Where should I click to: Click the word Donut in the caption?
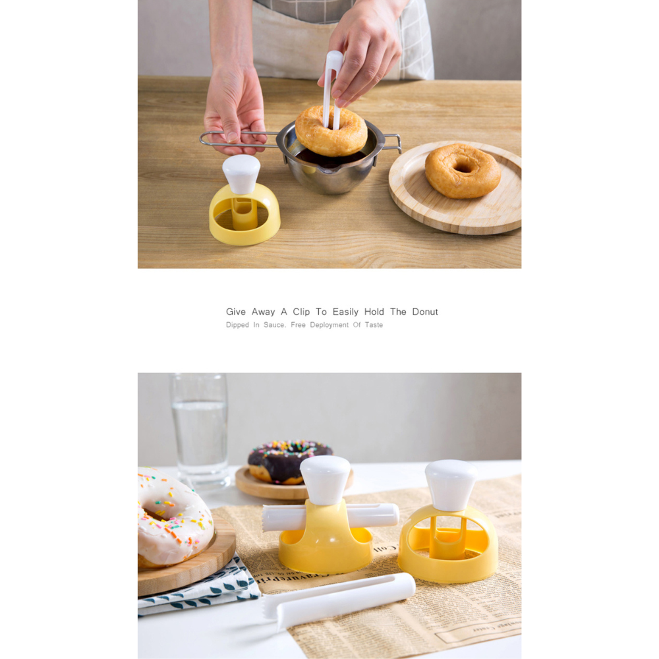pyautogui.click(x=424, y=312)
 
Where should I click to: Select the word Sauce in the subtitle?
pyautogui.click(x=274, y=325)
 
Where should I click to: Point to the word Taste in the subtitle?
pyautogui.click(x=373, y=325)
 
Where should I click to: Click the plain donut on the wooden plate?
pyautogui.click(x=463, y=171)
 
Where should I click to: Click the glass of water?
pyautogui.click(x=199, y=428)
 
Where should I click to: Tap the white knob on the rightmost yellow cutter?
pyautogui.click(x=451, y=484)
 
